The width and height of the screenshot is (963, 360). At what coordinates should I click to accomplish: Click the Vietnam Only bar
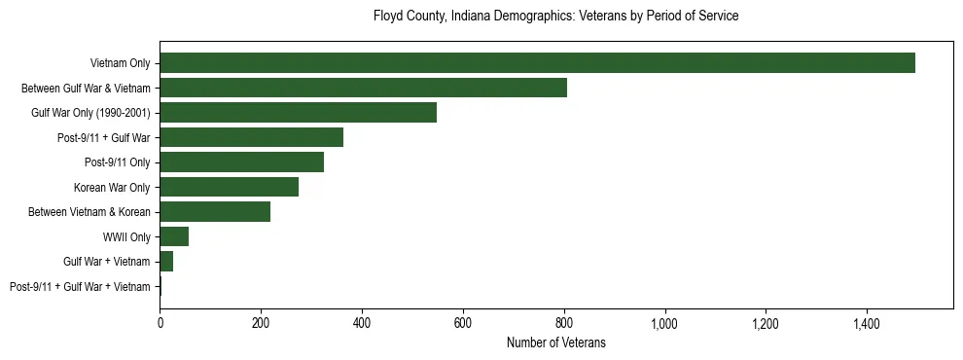537,63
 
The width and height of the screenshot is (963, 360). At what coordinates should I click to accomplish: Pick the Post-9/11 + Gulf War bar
251,137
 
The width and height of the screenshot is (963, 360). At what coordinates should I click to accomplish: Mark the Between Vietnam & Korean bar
215,212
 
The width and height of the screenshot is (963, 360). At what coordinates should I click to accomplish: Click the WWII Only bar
174,236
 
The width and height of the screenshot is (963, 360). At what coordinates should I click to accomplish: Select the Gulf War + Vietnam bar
166,262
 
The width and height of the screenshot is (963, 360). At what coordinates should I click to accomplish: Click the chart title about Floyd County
555,17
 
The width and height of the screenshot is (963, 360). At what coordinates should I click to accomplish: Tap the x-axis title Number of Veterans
555,342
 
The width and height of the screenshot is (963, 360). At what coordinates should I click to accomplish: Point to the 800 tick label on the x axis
563,322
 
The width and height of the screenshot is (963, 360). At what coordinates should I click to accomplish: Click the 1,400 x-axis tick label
867,322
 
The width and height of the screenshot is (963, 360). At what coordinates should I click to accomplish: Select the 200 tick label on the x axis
261,322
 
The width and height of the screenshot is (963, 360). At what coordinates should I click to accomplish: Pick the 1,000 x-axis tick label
664,322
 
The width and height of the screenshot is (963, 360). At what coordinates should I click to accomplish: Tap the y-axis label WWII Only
126,236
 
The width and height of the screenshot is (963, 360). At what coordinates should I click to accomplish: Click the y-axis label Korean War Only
112,187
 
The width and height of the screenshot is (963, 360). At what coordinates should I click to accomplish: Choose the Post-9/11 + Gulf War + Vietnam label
80,286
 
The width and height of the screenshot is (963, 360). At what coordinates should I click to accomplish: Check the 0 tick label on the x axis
160,322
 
